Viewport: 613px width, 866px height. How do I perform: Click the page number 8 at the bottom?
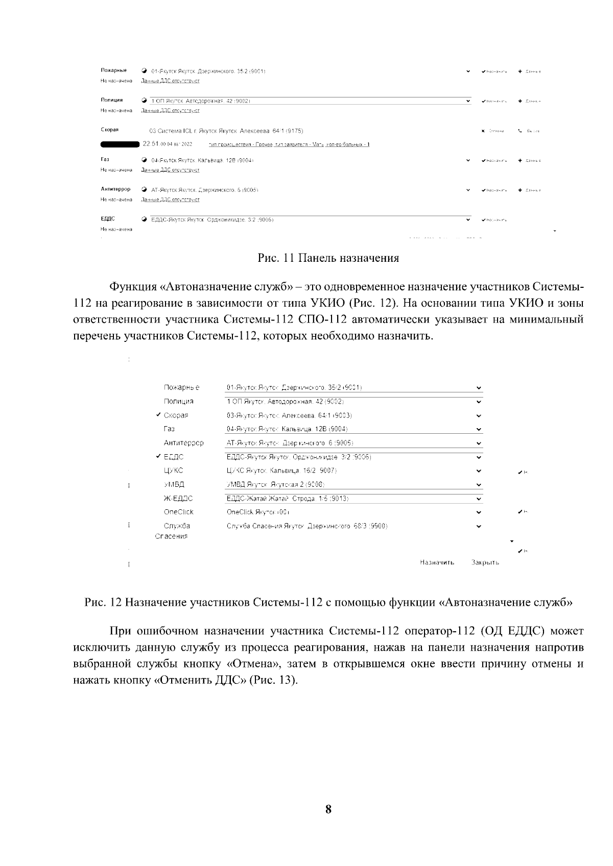point(328,809)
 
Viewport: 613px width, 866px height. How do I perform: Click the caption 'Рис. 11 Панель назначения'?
point(328,258)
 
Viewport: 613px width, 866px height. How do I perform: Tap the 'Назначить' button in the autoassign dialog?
point(437,562)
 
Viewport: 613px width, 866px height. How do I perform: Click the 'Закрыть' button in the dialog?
point(485,562)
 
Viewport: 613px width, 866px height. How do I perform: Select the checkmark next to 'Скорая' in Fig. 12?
point(159,415)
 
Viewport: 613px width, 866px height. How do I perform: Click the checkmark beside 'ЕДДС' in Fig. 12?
point(159,456)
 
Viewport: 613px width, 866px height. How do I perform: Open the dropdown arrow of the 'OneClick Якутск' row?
point(479,512)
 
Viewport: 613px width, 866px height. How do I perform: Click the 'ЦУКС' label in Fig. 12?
point(173,471)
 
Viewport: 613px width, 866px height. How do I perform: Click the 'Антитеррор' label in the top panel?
point(115,189)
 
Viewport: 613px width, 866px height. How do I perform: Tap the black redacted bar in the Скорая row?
point(121,144)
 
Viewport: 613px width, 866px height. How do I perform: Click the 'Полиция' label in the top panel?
point(111,100)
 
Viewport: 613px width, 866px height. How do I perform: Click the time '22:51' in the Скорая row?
point(151,144)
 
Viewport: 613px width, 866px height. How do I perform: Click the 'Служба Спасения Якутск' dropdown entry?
point(306,526)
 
